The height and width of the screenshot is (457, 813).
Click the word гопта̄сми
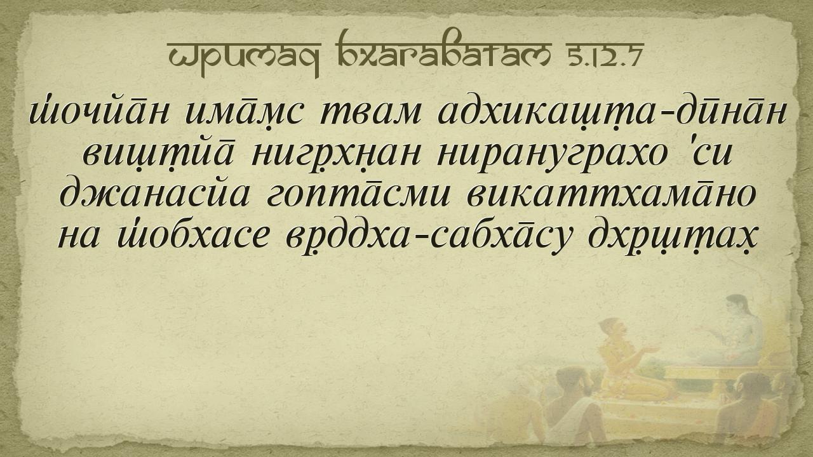pos(358,196)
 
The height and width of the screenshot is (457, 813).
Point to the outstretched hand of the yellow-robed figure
pos(650,350)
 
